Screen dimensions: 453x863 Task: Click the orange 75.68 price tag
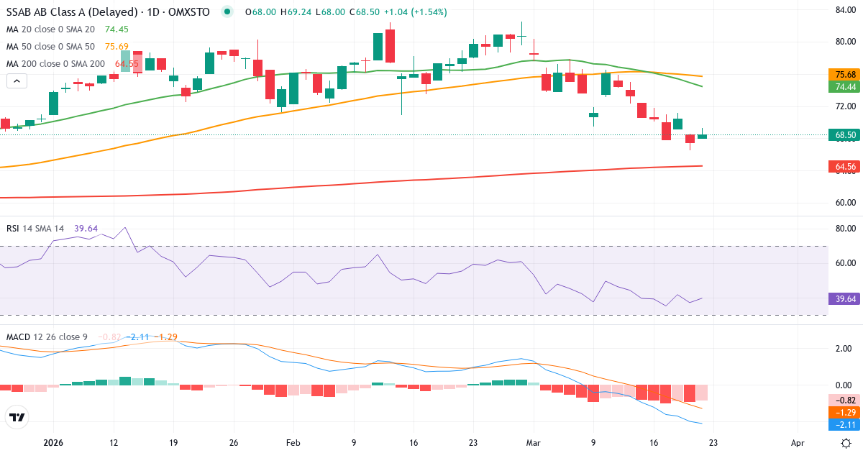pyautogui.click(x=845, y=75)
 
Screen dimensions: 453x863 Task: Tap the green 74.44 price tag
pyautogui.click(x=845, y=87)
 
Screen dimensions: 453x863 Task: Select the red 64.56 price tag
pyautogui.click(x=845, y=167)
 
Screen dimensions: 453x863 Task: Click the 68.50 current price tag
pyautogui.click(x=845, y=134)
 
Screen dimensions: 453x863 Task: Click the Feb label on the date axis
pyautogui.click(x=293, y=444)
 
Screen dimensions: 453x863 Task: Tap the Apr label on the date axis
pyautogui.click(x=798, y=444)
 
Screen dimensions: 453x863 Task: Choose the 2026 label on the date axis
pyautogui.click(x=54, y=444)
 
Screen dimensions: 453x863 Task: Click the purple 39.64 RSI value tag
pyautogui.click(x=845, y=298)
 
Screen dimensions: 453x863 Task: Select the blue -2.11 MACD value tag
pyautogui.click(x=845, y=425)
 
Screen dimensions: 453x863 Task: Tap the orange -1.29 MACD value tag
pyautogui.click(x=845, y=413)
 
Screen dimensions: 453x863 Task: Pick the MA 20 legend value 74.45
pyautogui.click(x=116, y=29)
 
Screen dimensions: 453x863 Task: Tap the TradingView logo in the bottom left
pyautogui.click(x=17, y=417)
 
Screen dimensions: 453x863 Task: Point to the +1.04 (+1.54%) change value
pyautogui.click(x=415, y=12)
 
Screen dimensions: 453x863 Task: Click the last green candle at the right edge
pyautogui.click(x=702, y=136)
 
